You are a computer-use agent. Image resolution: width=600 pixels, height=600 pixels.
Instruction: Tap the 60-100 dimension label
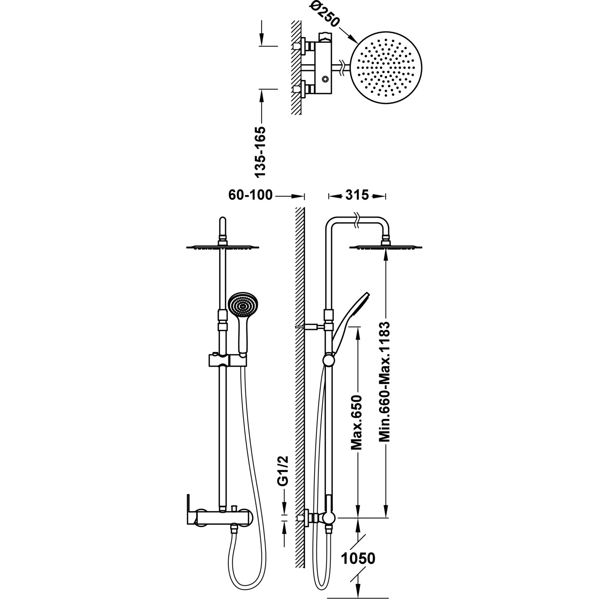pos(250,195)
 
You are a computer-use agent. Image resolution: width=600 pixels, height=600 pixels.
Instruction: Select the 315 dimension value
pos(357,195)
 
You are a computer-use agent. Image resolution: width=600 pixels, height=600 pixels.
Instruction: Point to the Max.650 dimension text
pos(356,422)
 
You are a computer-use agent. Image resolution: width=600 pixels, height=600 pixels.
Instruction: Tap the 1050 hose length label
pos(358,558)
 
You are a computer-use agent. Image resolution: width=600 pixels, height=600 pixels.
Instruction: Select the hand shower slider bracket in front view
pos(227,360)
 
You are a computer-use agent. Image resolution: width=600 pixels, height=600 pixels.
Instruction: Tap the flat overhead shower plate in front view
pos(223,247)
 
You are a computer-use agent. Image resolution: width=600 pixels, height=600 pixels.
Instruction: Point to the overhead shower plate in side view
pos(386,247)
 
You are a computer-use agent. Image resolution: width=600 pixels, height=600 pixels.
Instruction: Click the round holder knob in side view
pos(329,361)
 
